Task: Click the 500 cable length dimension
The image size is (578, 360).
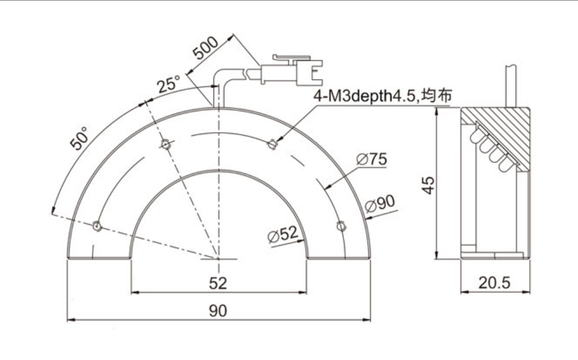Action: click(x=206, y=48)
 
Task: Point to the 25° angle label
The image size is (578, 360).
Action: click(x=168, y=84)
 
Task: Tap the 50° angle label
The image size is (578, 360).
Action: click(x=80, y=138)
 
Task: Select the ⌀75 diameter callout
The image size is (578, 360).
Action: click(x=371, y=159)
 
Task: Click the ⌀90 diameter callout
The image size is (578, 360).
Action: click(x=380, y=203)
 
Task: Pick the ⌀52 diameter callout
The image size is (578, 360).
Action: click(x=283, y=235)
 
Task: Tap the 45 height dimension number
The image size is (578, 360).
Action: click(x=429, y=185)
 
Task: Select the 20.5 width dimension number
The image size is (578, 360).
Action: click(x=494, y=283)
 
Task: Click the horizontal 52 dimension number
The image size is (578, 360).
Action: click(x=218, y=283)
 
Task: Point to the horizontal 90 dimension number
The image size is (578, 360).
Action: click(x=218, y=311)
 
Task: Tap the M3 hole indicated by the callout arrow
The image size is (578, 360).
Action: click(x=273, y=144)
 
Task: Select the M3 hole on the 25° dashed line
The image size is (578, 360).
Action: click(x=166, y=144)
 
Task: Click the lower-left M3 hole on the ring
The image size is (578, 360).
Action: click(x=97, y=226)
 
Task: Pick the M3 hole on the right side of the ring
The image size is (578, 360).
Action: click(x=341, y=226)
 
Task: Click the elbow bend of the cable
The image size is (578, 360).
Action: click(x=221, y=75)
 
